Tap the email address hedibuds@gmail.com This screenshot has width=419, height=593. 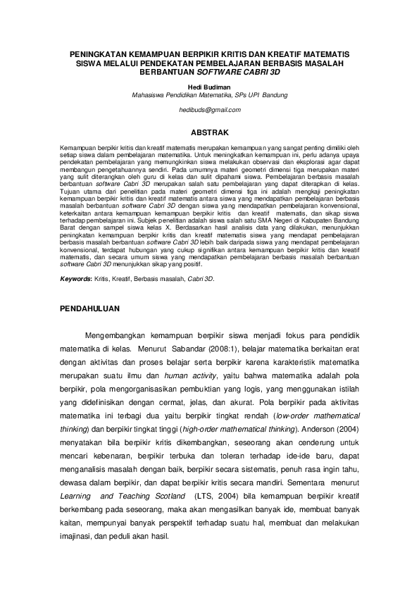click(x=209, y=110)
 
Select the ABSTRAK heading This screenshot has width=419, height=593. click(x=209, y=132)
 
